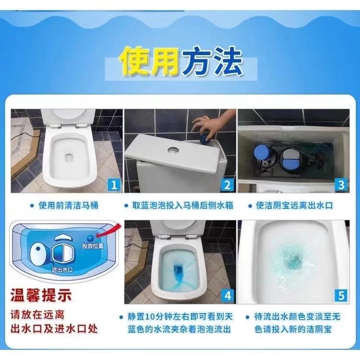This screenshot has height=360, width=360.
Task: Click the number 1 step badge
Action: (114, 185)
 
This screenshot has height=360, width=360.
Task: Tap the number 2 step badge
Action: (228, 185)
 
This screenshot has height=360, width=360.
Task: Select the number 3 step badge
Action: (341, 185)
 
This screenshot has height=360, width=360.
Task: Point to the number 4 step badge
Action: (228, 296)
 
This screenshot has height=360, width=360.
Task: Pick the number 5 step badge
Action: (341, 296)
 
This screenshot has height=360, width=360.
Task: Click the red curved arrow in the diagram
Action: (108, 231)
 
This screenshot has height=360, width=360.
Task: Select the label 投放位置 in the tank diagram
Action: (93, 246)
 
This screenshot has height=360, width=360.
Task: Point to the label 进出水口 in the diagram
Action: (62, 270)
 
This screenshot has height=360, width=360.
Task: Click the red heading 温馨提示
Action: (41, 296)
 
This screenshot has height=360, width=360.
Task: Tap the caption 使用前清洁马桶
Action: (69, 205)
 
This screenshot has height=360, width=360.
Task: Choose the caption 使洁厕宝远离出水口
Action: (294, 205)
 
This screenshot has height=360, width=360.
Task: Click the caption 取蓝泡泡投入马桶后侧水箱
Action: (183, 205)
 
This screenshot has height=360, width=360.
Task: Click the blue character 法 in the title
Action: (227, 61)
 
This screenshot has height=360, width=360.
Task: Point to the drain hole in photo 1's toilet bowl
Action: (69, 157)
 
